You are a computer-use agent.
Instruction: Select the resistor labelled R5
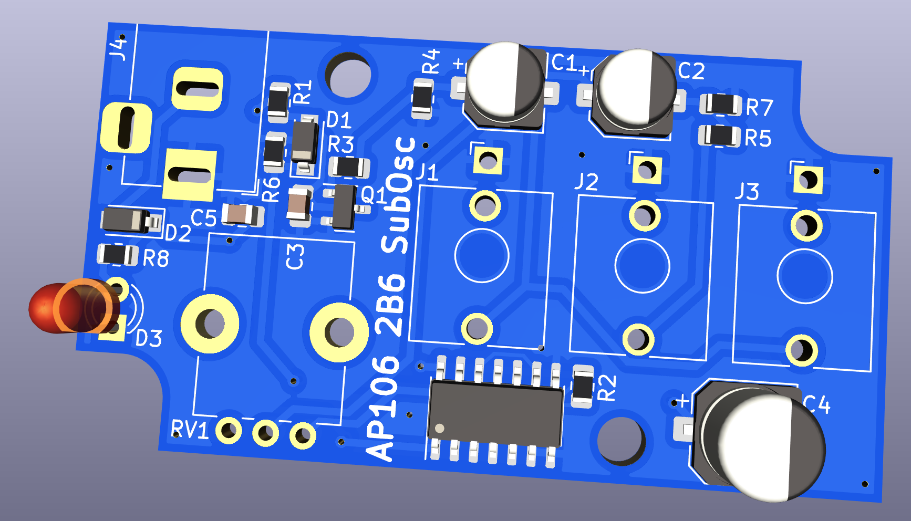pos(719,136)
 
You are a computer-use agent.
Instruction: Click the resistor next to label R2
pos(582,386)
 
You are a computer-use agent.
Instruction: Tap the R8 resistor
pos(118,255)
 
